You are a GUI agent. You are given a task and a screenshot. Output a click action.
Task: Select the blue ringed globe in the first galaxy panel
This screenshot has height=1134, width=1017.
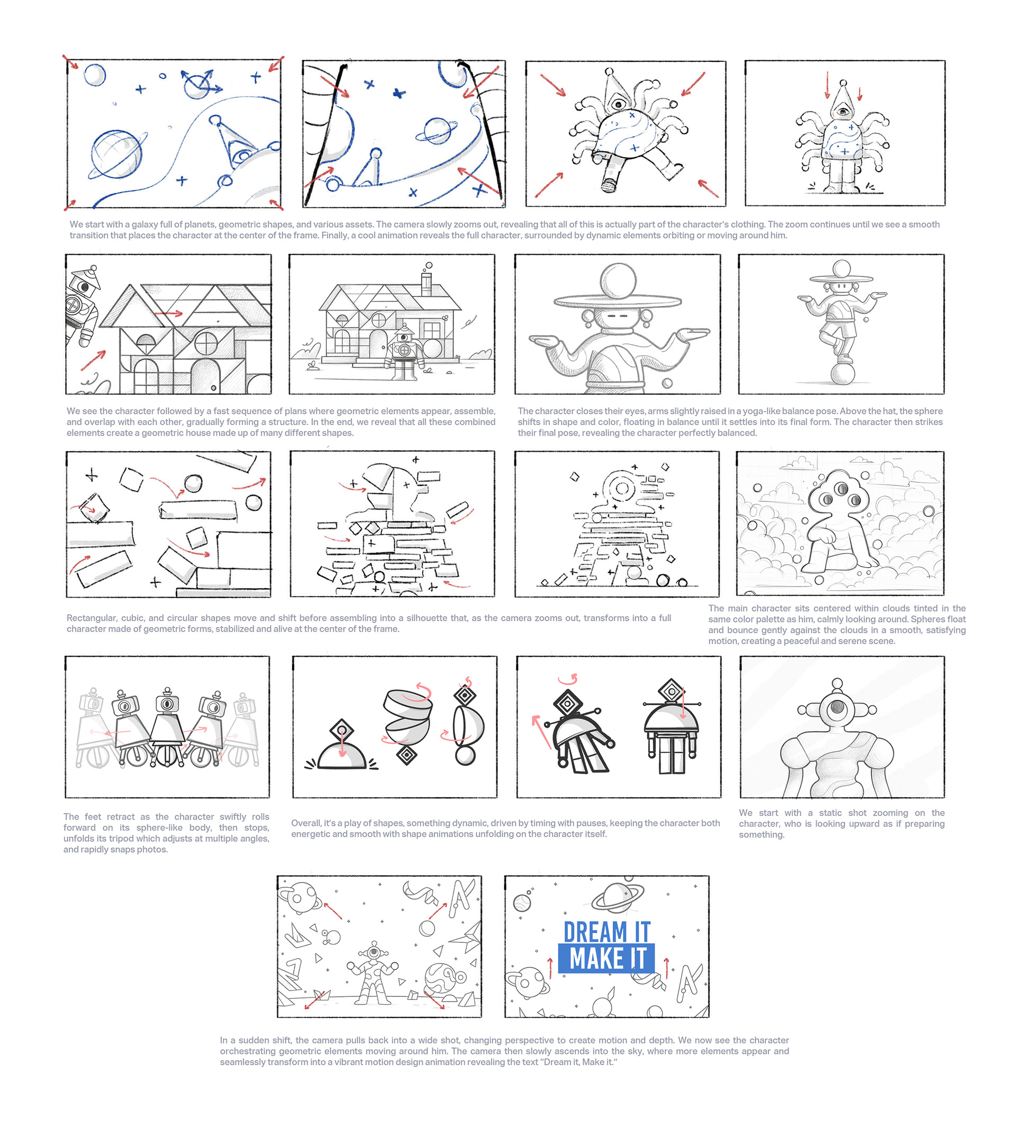point(117,154)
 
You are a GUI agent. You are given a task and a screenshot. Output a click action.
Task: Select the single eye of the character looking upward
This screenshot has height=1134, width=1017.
point(837,707)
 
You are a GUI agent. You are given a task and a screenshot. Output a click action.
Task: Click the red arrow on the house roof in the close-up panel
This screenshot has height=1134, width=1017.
point(169,313)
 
